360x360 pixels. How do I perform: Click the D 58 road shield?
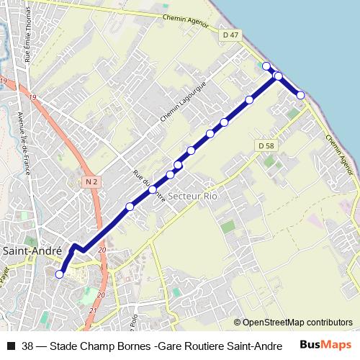(266, 146)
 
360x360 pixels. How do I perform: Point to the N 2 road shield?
(90, 182)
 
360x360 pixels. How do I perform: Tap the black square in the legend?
(10, 346)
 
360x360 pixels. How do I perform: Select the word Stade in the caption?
(64, 346)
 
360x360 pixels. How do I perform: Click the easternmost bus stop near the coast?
(300, 95)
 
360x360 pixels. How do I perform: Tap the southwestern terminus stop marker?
(59, 274)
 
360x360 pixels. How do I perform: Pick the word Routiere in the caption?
(209, 346)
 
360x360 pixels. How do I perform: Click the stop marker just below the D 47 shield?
(266, 66)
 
